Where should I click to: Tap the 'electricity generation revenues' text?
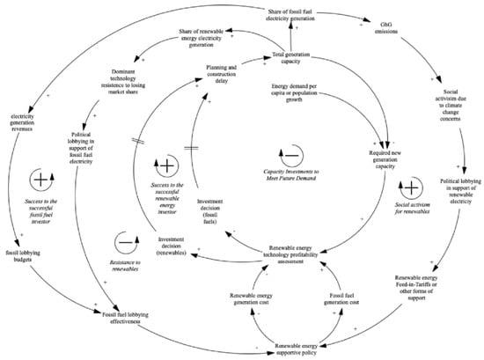[30, 121]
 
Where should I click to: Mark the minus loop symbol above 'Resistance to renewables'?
[128, 239]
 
